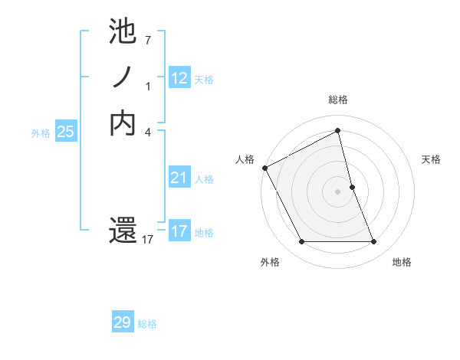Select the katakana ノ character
point(123,77)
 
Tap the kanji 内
point(123,123)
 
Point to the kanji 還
point(123,231)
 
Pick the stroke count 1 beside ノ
point(148,86)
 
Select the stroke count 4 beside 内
point(148,132)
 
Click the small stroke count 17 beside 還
point(148,240)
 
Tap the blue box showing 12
point(179,77)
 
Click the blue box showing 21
point(179,178)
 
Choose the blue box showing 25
point(66,132)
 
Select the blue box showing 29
point(123,322)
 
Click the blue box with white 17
point(179,231)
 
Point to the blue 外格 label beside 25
point(41,133)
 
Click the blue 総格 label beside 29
point(147,324)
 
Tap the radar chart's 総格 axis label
point(338,100)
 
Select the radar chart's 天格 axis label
point(431,159)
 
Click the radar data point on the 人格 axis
point(264,167)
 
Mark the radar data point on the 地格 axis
point(373,242)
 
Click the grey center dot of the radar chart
point(338,191)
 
